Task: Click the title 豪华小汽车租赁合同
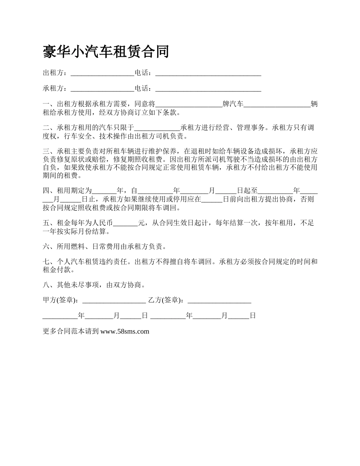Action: point(106,52)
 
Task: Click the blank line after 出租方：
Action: point(102,73)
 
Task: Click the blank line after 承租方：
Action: point(102,89)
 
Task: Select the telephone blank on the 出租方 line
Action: point(208,73)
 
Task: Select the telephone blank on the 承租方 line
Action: point(208,89)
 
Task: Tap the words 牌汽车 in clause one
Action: point(233,104)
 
